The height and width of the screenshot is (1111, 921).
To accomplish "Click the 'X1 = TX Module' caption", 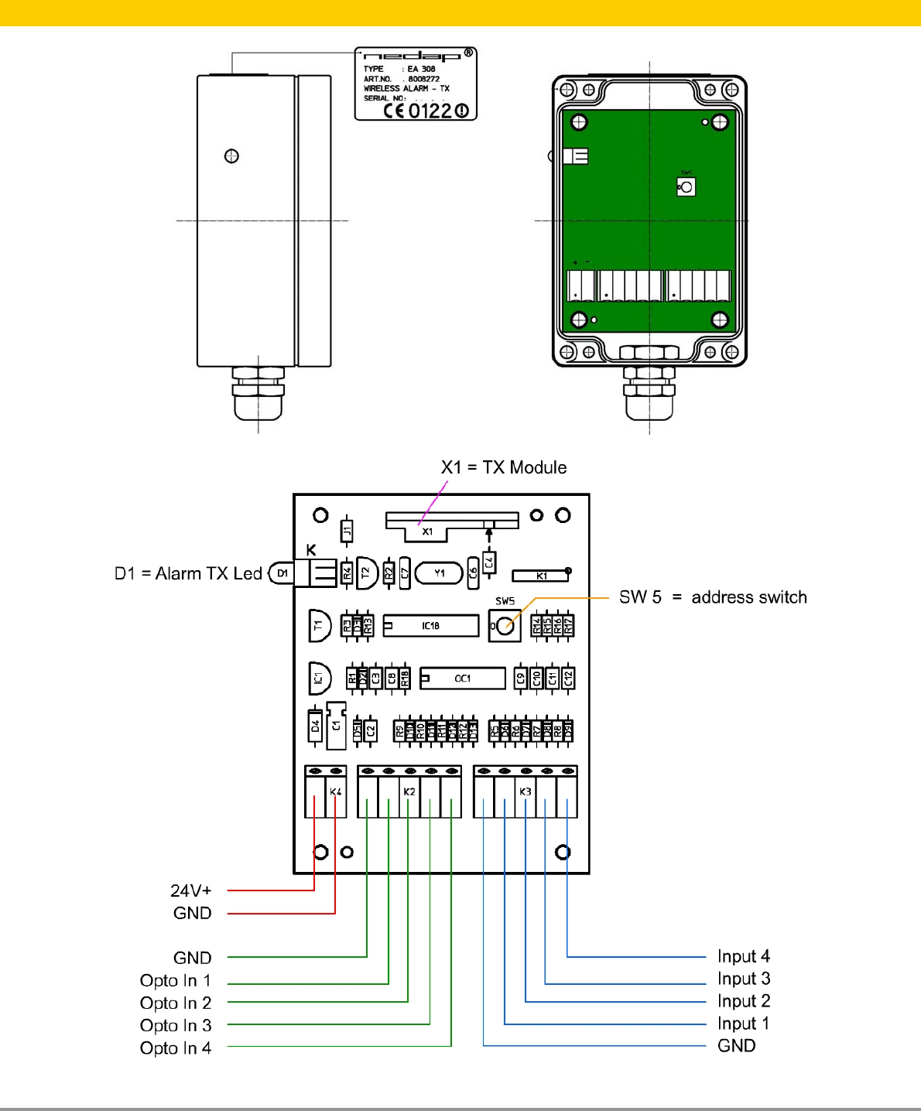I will click(x=504, y=467).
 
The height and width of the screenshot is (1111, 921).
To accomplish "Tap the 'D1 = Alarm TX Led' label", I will click(x=188, y=573).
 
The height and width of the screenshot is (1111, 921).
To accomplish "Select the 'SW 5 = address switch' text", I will click(x=712, y=597).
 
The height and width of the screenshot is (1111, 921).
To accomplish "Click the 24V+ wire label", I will click(x=191, y=891).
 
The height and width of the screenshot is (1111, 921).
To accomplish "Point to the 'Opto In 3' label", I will click(x=176, y=1025).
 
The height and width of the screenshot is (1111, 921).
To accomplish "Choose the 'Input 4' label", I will click(x=743, y=956).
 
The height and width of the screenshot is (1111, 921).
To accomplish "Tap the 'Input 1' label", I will click(x=743, y=1024).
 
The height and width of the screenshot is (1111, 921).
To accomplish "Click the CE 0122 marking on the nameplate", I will click(x=426, y=111).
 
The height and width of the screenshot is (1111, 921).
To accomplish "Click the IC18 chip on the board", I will click(x=431, y=626).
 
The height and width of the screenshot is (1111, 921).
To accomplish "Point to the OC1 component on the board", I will click(x=463, y=679).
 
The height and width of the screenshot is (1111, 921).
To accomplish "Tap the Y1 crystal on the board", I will click(x=439, y=573).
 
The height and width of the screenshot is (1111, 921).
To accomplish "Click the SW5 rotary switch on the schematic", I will click(x=505, y=626).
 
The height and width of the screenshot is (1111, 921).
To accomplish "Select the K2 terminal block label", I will click(x=409, y=791).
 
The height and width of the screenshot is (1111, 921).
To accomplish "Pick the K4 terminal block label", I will click(x=335, y=791).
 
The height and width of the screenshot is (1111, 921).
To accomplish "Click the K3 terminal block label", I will click(x=526, y=791).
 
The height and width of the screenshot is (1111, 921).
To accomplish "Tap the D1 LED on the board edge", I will click(x=282, y=573).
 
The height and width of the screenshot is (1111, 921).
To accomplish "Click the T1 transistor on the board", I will click(x=319, y=625).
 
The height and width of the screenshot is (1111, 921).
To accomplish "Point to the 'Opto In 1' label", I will click(x=176, y=980).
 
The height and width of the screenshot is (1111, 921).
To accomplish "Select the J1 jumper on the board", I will click(x=348, y=530).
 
